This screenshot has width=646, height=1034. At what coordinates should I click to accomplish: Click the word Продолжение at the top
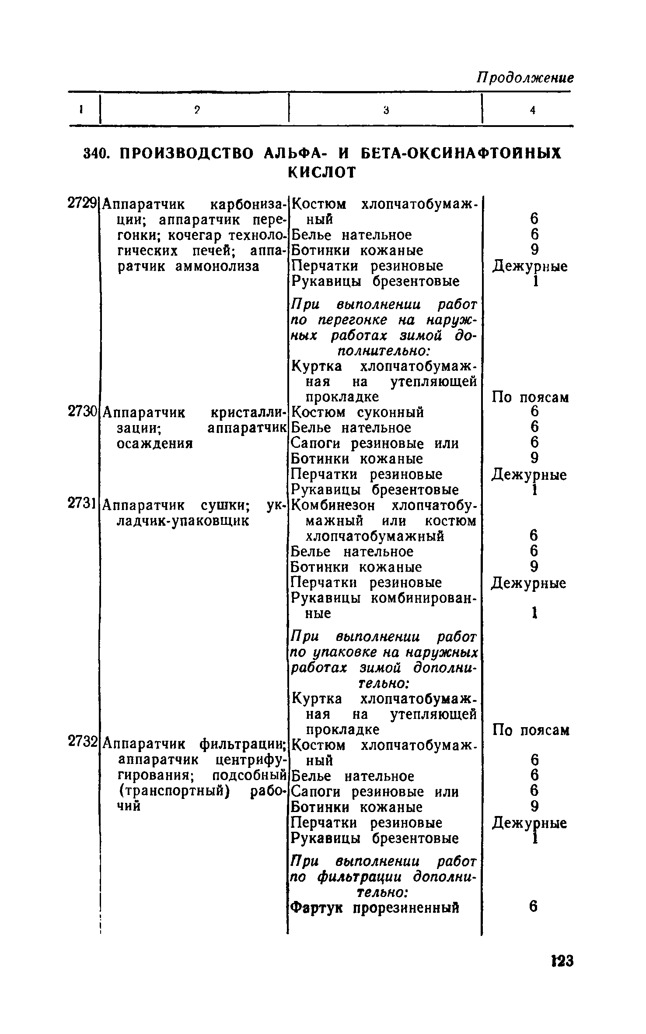coord(524,79)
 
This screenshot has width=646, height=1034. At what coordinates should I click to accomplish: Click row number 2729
coord(82,204)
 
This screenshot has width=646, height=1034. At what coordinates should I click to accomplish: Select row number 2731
coord(82,505)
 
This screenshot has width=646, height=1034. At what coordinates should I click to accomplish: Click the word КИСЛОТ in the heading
coord(322,172)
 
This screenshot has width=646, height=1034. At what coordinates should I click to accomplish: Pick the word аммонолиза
coord(217,266)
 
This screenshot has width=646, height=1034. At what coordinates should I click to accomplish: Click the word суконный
coord(391,412)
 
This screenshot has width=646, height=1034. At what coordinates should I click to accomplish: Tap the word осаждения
coord(155,443)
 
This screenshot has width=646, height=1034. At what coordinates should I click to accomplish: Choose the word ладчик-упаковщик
coord(184,521)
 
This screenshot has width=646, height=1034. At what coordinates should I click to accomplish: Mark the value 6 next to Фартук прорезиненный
coord(533,907)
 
